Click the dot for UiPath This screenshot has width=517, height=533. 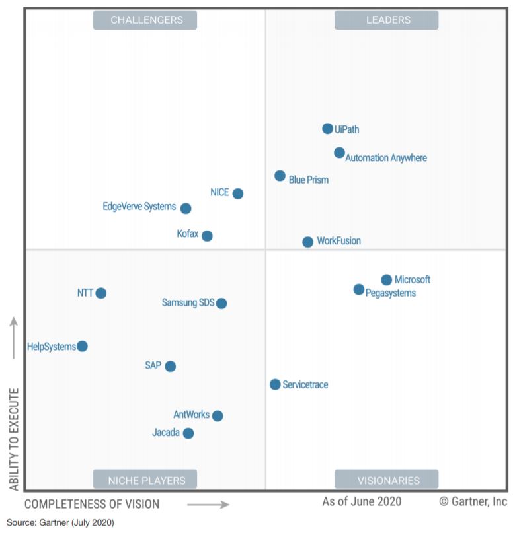pos(327,129)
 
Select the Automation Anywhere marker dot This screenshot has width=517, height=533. pos(339,153)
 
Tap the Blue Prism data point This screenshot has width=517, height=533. pos(280,176)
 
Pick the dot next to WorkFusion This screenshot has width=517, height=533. pos(307,242)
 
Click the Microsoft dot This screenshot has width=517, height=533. pos(386,280)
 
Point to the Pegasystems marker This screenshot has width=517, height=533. pos(358,289)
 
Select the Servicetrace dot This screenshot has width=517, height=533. pos(275,384)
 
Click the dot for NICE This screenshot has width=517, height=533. pos(237,194)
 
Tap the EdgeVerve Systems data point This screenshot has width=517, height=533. pos(186,208)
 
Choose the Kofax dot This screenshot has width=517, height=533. pos(207,236)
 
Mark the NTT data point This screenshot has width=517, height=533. pos(100,293)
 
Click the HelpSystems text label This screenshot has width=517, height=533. pos(52,347)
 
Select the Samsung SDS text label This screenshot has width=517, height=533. pos(188,302)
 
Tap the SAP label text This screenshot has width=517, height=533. pos(153,365)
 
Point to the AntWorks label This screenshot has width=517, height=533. pos(191,415)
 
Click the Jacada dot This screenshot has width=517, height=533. pos(188,433)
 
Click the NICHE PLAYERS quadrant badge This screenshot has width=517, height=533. pos(147,480)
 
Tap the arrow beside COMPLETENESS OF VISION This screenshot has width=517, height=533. pos(208,505)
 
